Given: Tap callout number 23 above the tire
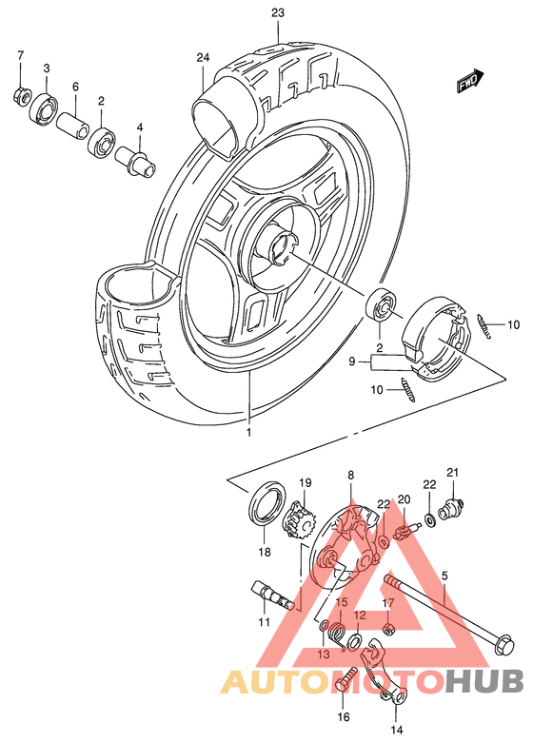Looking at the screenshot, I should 277,12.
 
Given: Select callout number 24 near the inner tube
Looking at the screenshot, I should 202,58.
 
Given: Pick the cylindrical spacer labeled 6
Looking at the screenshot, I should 75,125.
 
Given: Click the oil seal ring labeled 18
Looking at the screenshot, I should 264,505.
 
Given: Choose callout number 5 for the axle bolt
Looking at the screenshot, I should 443,576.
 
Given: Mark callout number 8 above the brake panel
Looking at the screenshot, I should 350,474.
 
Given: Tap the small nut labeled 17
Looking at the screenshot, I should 388,629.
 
